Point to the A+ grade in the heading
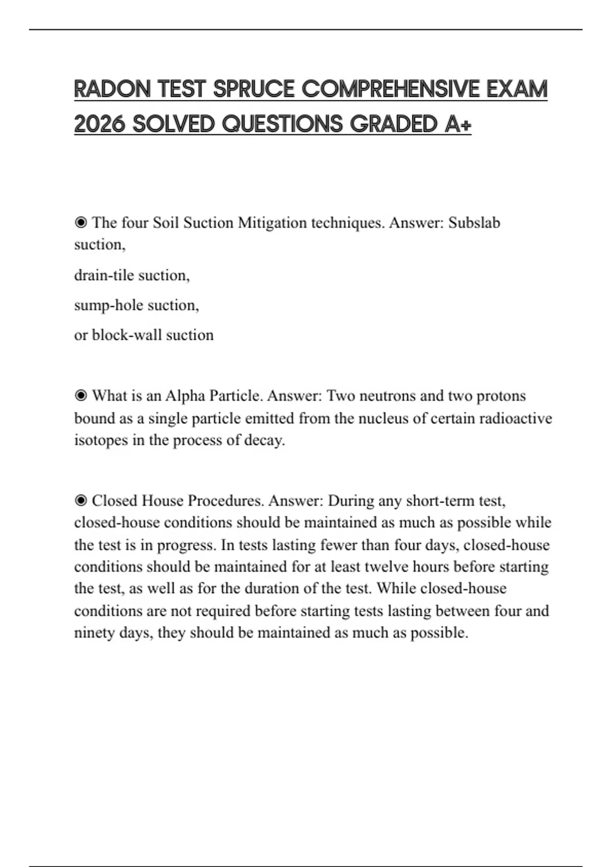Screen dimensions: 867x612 point(457,124)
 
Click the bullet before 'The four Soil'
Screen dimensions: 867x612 point(81,223)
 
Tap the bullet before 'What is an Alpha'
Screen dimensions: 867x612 point(81,396)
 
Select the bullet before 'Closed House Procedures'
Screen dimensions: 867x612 point(81,501)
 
